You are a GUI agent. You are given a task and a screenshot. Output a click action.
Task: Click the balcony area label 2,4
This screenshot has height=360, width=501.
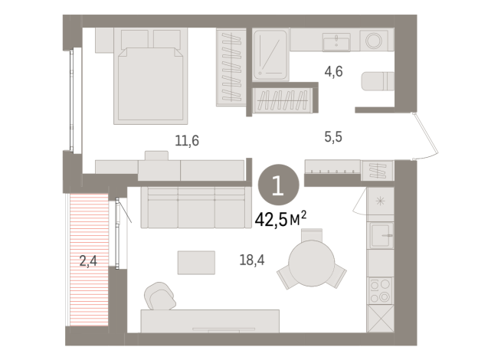click(88, 261)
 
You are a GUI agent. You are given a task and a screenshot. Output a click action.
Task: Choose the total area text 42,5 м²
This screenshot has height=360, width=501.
click(280, 220)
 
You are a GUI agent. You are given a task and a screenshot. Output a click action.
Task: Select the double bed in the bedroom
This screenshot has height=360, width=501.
click(151, 83)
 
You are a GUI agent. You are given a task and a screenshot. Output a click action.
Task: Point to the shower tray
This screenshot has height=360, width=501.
click(270, 54)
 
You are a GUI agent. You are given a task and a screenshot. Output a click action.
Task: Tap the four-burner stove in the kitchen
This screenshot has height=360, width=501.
click(379, 289)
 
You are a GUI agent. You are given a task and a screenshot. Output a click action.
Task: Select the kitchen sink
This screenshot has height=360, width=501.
click(379, 234)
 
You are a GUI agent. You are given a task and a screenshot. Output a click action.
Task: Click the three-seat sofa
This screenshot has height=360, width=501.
click(195, 207)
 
